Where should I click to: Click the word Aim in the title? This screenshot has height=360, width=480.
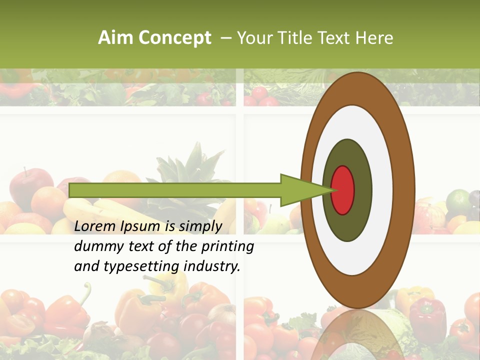point(115,38)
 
